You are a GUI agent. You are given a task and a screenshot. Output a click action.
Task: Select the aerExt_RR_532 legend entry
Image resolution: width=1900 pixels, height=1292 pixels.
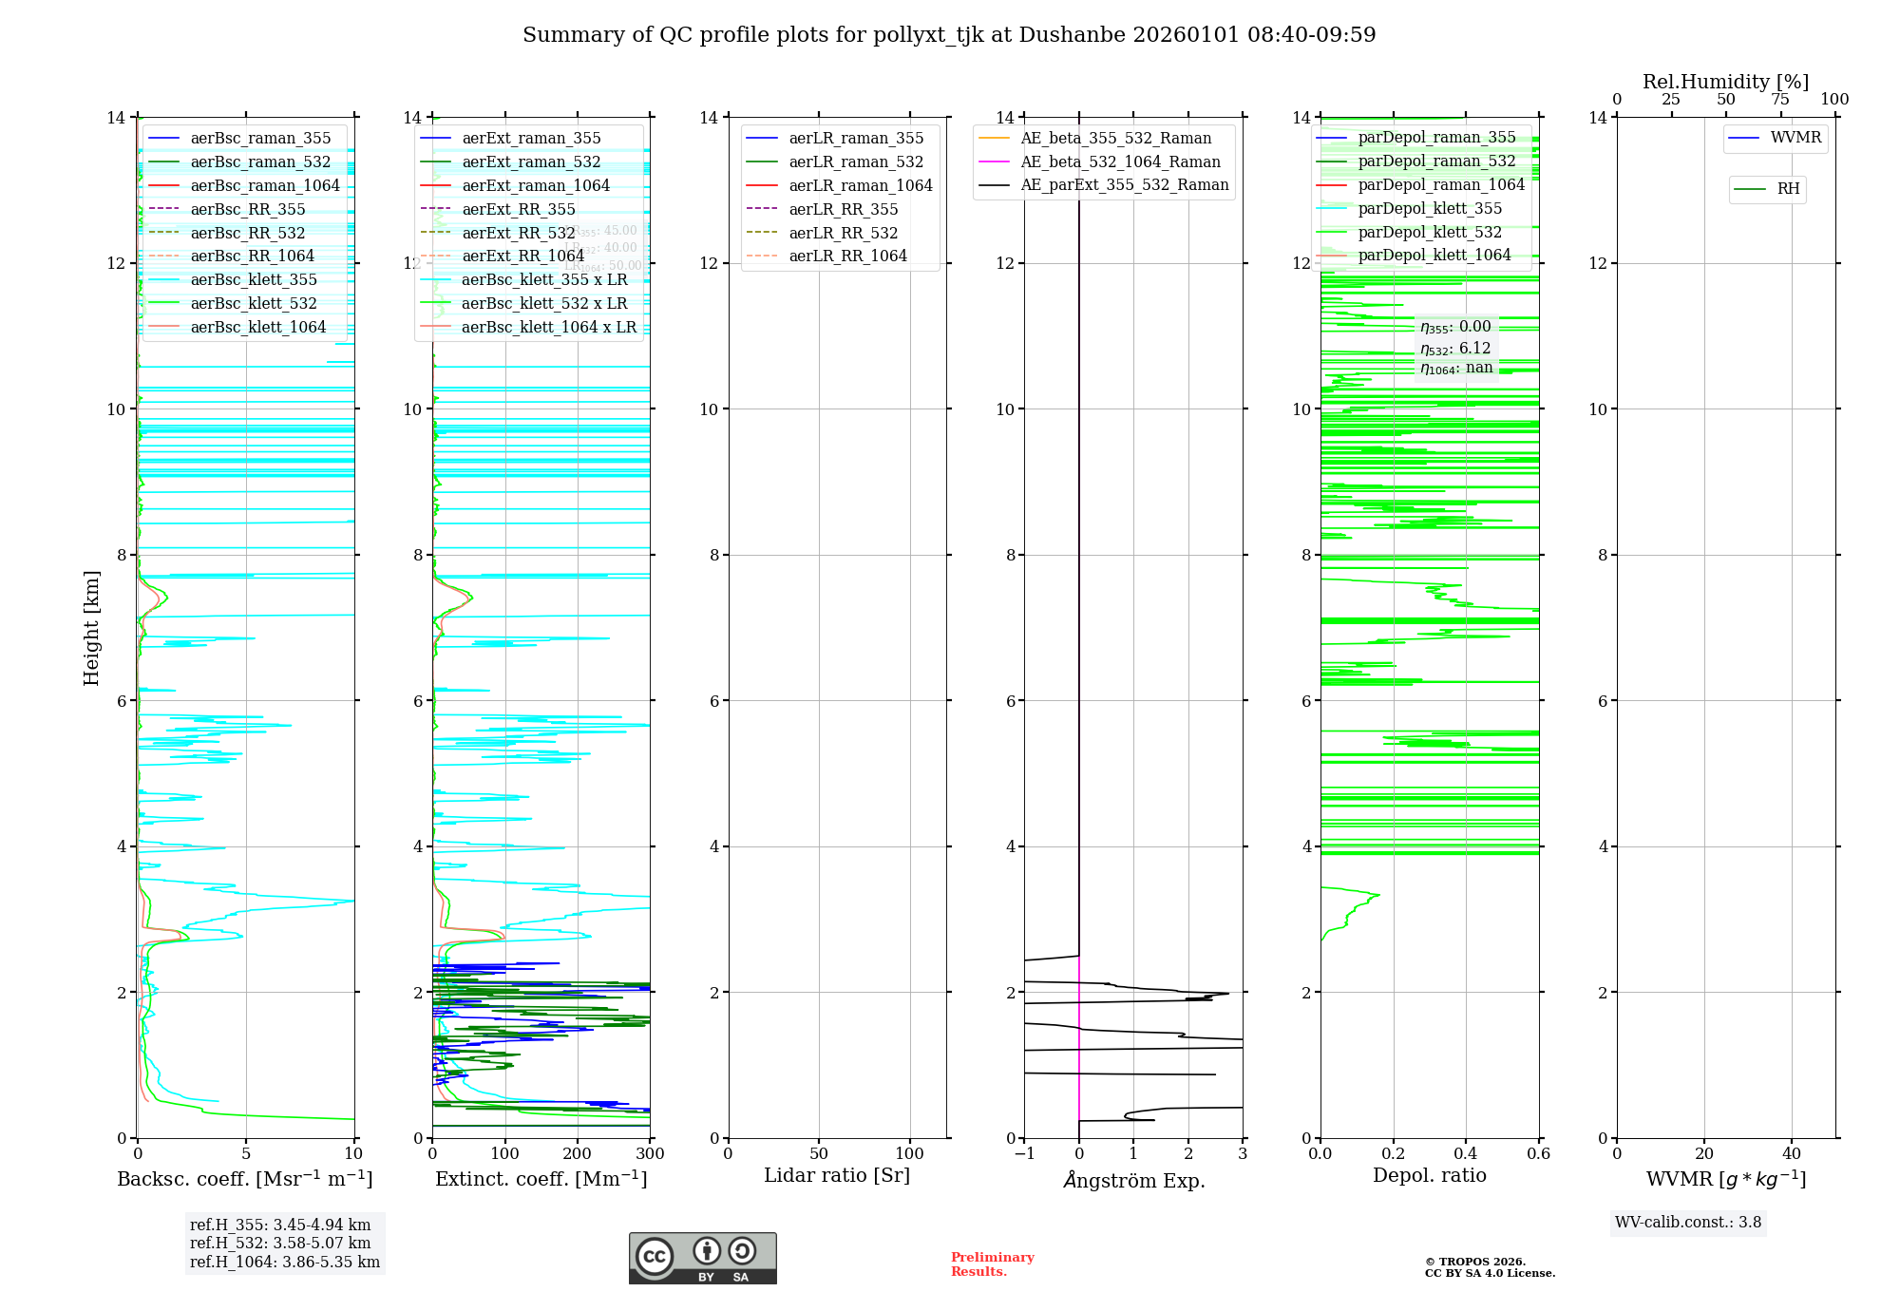tap(518, 233)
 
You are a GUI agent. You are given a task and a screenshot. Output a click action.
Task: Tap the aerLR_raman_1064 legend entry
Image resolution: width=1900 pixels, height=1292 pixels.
tap(860, 185)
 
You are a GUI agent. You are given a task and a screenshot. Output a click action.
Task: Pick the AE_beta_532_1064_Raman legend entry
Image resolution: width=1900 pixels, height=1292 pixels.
tap(1120, 161)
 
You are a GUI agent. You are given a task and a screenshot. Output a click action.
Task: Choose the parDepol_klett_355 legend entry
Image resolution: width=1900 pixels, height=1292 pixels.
tap(1429, 208)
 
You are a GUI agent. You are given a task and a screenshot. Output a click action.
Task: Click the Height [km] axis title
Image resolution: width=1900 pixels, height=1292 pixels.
tap(91, 627)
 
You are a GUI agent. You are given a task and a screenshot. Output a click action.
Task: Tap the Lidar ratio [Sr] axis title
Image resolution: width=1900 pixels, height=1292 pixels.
tap(836, 1175)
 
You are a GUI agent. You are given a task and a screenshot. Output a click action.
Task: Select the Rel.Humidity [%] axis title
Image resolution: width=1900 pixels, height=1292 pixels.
tap(1725, 82)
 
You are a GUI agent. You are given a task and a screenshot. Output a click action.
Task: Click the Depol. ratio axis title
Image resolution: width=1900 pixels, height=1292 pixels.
tap(1429, 1175)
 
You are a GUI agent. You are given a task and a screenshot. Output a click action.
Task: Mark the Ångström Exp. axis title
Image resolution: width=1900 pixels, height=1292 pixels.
tap(1133, 1180)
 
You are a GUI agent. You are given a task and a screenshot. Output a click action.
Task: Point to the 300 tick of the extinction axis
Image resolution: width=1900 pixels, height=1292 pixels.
tap(651, 1154)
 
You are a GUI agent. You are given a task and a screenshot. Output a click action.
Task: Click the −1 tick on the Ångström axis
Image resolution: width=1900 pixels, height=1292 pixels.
tap(1023, 1154)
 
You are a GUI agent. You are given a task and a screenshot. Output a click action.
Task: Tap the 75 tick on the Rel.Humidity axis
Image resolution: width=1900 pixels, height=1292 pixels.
tap(1780, 100)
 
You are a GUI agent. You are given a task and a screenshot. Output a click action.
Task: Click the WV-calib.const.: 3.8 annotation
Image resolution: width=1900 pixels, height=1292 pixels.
tap(1687, 1223)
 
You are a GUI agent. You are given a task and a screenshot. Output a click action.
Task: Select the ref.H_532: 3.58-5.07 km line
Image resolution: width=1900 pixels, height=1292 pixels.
tap(280, 1243)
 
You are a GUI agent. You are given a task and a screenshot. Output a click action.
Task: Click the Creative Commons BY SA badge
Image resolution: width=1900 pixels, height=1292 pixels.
tap(702, 1258)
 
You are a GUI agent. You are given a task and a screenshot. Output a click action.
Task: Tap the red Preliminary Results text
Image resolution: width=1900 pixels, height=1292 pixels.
tap(992, 1263)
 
